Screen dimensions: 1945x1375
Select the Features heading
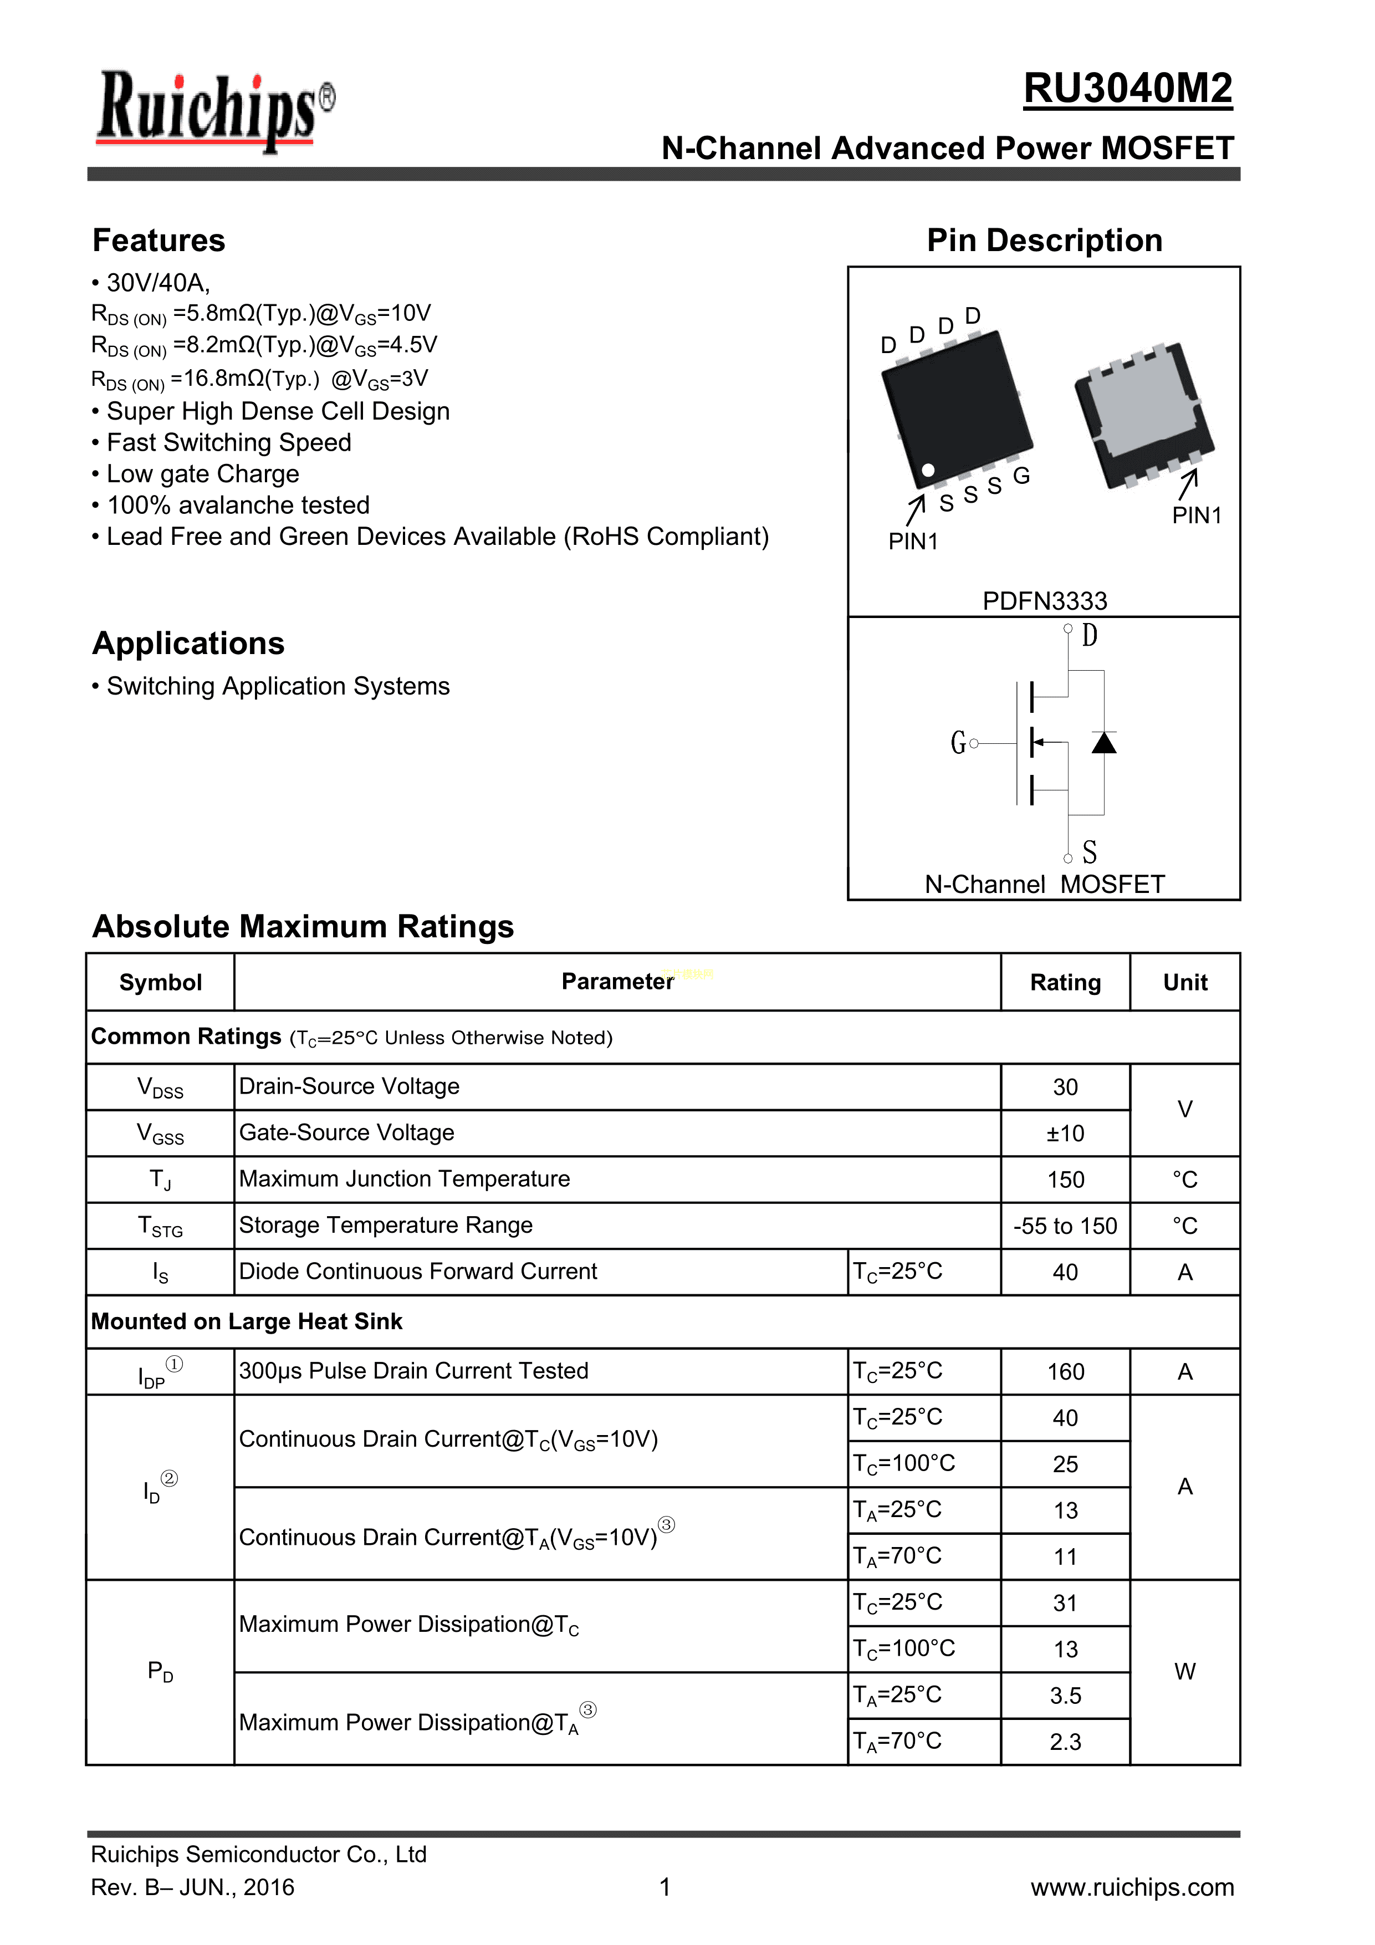[x=159, y=241]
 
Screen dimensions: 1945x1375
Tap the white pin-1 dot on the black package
[x=928, y=470]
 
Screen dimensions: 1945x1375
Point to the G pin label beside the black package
[x=1022, y=476]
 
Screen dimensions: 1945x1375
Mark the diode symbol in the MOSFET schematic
[x=1103, y=743]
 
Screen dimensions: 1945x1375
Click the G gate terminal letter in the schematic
[x=958, y=743]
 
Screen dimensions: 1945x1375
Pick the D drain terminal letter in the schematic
[x=1090, y=635]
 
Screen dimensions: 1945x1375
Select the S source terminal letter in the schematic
[x=1090, y=851]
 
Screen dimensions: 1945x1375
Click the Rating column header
[x=1065, y=983]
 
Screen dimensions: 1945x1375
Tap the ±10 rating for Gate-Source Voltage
[x=1065, y=1134]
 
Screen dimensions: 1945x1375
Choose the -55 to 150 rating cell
[x=1065, y=1226]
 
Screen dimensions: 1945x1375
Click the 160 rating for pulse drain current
[x=1065, y=1371]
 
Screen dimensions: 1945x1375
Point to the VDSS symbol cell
[x=160, y=1088]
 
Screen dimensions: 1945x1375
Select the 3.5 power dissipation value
[x=1065, y=1696]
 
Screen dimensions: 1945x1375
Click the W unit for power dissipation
[x=1184, y=1671]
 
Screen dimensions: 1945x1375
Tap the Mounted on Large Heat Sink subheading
[x=247, y=1321]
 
